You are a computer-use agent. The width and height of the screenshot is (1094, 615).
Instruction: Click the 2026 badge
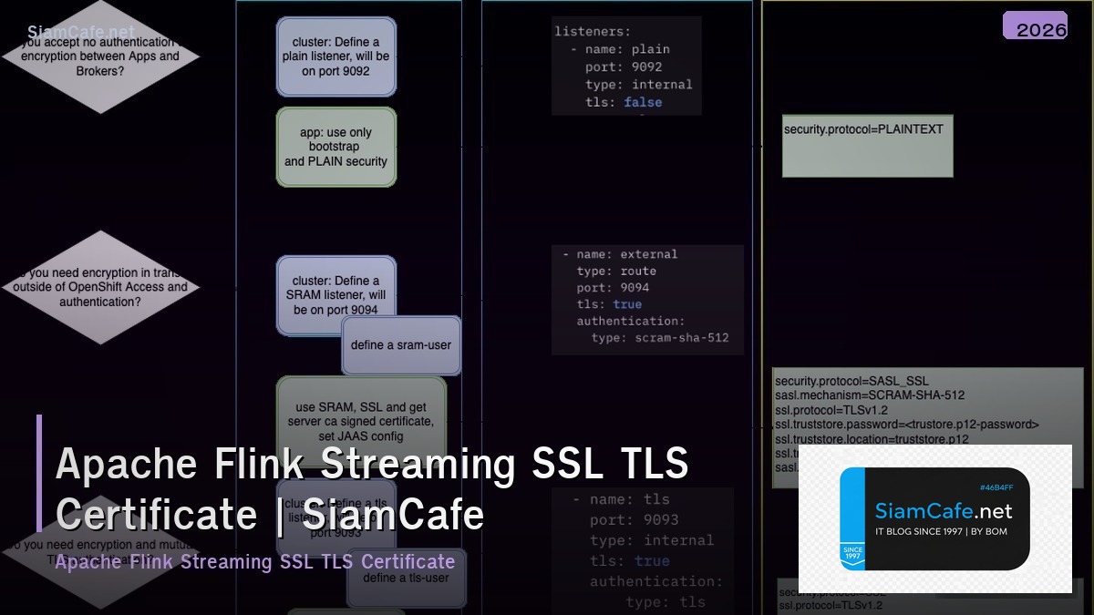pos(1035,26)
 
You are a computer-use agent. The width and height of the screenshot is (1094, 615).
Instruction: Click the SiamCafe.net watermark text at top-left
pos(80,33)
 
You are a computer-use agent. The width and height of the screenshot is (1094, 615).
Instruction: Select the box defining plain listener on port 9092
pos(336,56)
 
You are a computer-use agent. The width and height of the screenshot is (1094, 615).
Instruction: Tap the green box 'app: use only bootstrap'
pos(336,147)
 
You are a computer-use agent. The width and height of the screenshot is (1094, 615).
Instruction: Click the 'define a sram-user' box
pos(401,345)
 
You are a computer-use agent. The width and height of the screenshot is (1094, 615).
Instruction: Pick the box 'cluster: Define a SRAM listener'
pos(336,294)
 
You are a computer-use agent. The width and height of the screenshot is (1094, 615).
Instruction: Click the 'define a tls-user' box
pos(406,578)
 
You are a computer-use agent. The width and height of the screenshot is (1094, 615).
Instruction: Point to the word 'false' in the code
pos(643,102)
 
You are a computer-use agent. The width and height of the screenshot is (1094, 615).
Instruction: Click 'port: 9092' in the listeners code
pos(624,67)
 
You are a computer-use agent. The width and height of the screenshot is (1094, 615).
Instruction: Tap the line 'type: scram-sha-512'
pos(660,337)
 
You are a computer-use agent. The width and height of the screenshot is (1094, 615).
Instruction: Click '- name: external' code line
pos(620,254)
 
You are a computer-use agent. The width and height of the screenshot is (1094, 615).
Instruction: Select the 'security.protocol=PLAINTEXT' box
pos(867,146)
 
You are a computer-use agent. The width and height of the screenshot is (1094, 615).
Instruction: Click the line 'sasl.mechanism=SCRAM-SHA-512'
pos(870,395)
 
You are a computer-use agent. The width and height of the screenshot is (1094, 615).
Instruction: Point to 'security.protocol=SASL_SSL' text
pos(851,381)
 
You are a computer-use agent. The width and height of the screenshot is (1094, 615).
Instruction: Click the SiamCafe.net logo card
pos(934,518)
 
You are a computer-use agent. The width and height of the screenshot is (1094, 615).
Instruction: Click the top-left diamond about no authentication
pos(100,56)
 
